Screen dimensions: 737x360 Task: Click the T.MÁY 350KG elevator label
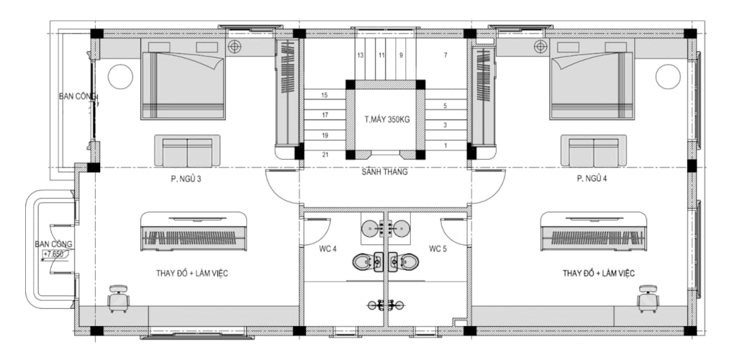tap(386, 120)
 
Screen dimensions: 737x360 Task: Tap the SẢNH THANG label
tap(384, 172)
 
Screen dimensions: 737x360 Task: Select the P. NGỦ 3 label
tap(186, 179)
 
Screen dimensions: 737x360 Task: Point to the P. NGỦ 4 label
tap(592, 179)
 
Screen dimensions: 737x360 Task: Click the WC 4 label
tap(327, 249)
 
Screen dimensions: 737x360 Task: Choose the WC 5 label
tap(438, 249)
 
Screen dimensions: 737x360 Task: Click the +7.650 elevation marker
tap(53, 254)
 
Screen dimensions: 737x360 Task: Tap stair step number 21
tap(325, 155)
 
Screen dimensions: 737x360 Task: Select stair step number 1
tap(445, 145)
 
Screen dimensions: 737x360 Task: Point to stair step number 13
tap(360, 55)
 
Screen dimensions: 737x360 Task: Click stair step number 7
tap(445, 55)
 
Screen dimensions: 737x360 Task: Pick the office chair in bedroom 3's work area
tap(119, 298)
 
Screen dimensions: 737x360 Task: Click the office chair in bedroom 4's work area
tap(648, 298)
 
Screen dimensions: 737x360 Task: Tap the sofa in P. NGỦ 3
tap(187, 151)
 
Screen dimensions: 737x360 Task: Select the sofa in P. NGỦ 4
tap(593, 151)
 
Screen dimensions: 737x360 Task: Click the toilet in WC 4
tap(366, 262)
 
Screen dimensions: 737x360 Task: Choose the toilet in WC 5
tap(404, 262)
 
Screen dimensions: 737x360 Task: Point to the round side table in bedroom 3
tap(120, 76)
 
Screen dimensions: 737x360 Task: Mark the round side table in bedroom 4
tap(668, 76)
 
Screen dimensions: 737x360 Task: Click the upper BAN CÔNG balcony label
tap(77, 96)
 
